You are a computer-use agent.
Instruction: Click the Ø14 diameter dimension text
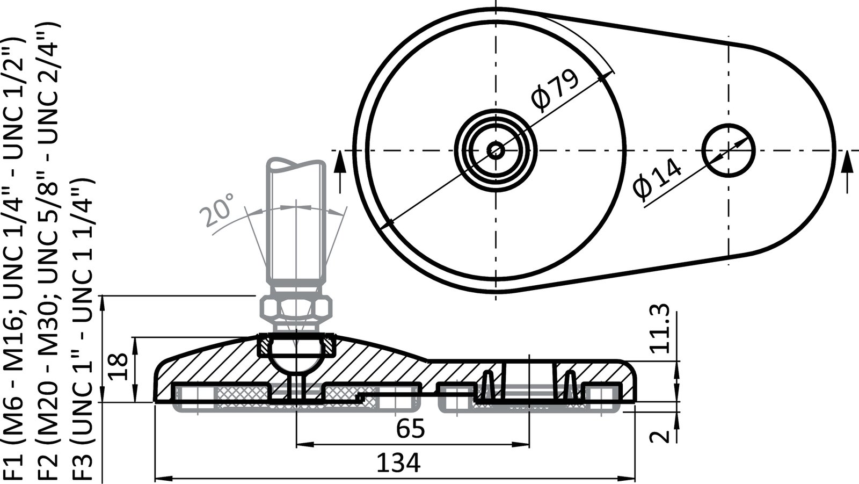(657, 179)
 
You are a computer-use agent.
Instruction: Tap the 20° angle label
(217, 211)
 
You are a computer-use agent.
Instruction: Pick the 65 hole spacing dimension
(411, 429)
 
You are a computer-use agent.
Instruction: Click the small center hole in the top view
(495, 150)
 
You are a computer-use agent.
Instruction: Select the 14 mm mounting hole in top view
(729, 150)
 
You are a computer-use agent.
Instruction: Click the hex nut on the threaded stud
(295, 307)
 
